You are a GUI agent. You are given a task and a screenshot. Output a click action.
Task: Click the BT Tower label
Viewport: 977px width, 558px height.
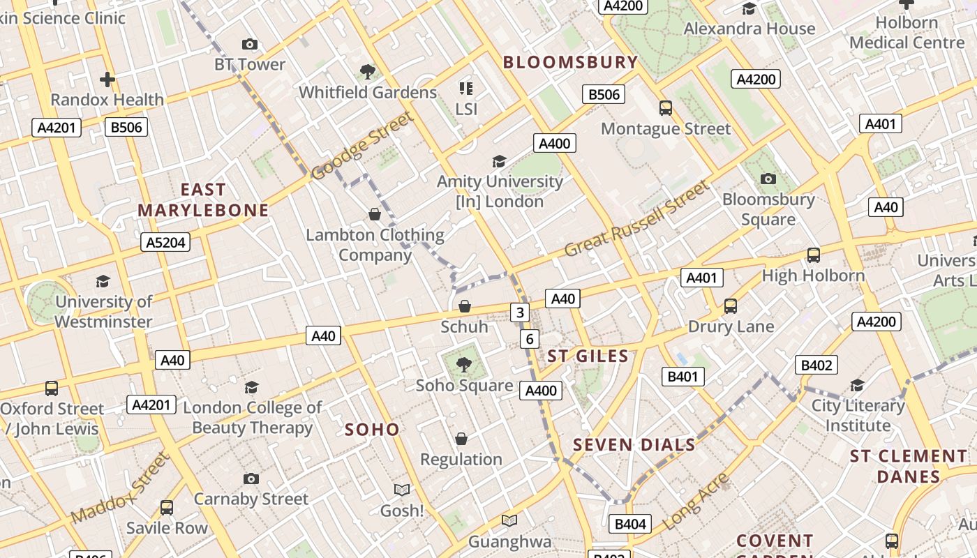(x=250, y=64)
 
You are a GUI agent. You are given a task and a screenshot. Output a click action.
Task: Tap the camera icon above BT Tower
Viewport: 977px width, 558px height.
(x=250, y=45)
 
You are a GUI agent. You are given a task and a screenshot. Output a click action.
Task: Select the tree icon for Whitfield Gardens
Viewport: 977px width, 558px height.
(x=368, y=71)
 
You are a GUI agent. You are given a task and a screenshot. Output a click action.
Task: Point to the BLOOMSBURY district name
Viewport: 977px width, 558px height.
(x=570, y=62)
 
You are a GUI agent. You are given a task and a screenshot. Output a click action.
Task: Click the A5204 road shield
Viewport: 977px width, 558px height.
(x=165, y=242)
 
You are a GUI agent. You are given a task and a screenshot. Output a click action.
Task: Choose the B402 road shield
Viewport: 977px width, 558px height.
(x=816, y=365)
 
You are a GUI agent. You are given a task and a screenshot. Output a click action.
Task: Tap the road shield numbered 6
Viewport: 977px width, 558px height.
(x=530, y=339)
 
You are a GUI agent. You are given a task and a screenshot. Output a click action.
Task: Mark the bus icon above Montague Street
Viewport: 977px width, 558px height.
(x=666, y=108)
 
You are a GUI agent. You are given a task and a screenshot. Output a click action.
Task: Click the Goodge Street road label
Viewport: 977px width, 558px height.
(x=362, y=145)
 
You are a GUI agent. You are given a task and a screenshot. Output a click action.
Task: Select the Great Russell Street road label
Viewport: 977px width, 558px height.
(x=636, y=218)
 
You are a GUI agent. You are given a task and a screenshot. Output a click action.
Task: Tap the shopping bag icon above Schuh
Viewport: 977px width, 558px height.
(x=464, y=306)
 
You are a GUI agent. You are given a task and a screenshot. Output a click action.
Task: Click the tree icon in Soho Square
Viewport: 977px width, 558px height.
(x=463, y=364)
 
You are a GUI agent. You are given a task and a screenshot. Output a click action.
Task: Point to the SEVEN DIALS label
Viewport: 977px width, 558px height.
(x=634, y=444)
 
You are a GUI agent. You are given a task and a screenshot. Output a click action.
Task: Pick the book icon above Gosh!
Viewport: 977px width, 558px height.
(x=402, y=490)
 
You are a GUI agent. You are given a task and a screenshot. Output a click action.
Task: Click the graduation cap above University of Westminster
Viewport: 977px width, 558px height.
(x=103, y=281)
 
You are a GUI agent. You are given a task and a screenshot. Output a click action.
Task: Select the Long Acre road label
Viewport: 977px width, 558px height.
(x=695, y=502)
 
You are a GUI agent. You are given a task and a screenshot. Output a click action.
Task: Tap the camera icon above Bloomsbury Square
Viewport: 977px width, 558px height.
(x=768, y=179)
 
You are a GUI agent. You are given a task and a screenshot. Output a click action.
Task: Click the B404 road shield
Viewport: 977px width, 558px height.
(x=630, y=524)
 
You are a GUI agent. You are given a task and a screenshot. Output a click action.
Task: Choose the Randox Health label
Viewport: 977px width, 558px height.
(x=107, y=100)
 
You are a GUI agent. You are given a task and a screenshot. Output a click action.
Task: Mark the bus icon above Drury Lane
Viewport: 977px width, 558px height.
(x=731, y=306)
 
